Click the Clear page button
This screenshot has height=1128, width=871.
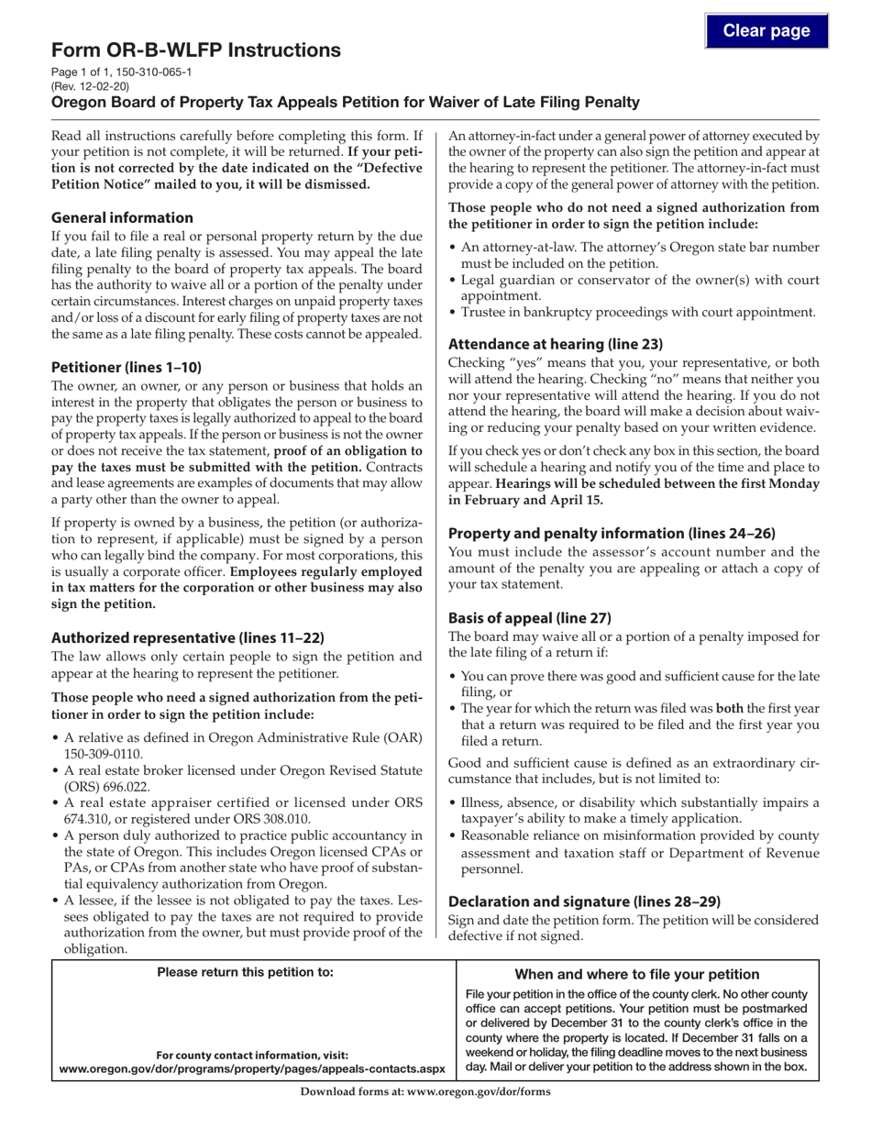(766, 31)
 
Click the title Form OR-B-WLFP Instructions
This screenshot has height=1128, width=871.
(196, 50)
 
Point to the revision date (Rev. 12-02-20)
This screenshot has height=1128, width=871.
(91, 86)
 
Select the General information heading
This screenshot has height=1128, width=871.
(122, 217)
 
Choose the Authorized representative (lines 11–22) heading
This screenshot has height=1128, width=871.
(188, 637)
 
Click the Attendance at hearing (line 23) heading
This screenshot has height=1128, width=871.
(555, 345)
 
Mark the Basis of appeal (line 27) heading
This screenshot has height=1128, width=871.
(529, 617)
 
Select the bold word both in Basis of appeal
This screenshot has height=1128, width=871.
(729, 708)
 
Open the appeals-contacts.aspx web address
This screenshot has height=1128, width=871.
(251, 1068)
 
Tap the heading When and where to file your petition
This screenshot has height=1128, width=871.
(637, 974)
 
